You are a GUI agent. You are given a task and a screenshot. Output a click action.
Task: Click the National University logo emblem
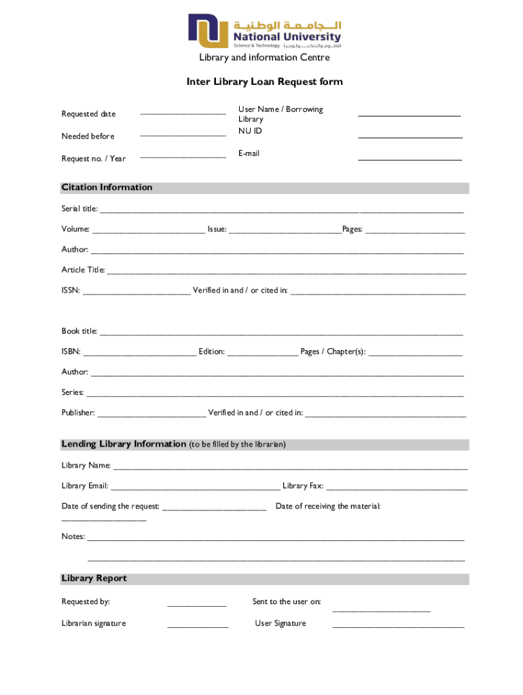pyautogui.click(x=209, y=32)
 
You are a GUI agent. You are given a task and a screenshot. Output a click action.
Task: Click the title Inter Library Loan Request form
pyautogui.click(x=264, y=82)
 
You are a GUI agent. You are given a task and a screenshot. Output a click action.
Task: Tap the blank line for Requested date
pyautogui.click(x=183, y=113)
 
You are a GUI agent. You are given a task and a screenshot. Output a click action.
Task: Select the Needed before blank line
pyautogui.click(x=183, y=136)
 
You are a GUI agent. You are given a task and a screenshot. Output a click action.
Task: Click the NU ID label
pyautogui.click(x=250, y=130)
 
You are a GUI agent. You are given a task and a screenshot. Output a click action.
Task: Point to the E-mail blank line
pyautogui.click(x=410, y=159)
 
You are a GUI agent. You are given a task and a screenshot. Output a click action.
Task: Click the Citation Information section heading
pyautogui.click(x=107, y=187)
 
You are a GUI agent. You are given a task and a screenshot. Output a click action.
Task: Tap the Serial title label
pyautogui.click(x=79, y=209)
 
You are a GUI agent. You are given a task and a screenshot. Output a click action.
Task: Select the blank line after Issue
pyautogui.click(x=285, y=232)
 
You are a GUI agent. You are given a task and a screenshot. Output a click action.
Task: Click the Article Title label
pyautogui.click(x=83, y=270)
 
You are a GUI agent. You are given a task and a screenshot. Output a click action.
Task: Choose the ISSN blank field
pyautogui.click(x=137, y=293)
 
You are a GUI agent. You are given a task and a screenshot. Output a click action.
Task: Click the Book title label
pyautogui.click(x=79, y=331)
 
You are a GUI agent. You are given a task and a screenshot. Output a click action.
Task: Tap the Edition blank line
pyautogui.click(x=262, y=354)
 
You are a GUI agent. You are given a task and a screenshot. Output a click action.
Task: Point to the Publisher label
pyautogui.click(x=78, y=413)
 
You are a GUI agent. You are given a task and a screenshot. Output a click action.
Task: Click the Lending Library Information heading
pyautogui.click(x=124, y=444)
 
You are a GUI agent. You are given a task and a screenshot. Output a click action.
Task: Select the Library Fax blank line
pyautogui.click(x=397, y=489)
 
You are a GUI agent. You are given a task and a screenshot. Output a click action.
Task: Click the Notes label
pyautogui.click(x=73, y=536)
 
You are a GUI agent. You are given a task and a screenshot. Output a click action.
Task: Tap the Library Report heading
pyautogui.click(x=94, y=578)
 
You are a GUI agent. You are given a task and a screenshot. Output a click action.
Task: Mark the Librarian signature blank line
pyautogui.click(x=198, y=626)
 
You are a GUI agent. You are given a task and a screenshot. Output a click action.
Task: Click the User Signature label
pyautogui.click(x=280, y=623)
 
